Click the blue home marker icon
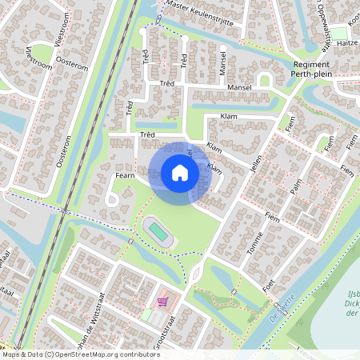[x=179, y=173]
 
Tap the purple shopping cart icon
[x=162, y=302]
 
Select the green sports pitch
[x=159, y=232]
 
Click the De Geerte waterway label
[x=284, y=306]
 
